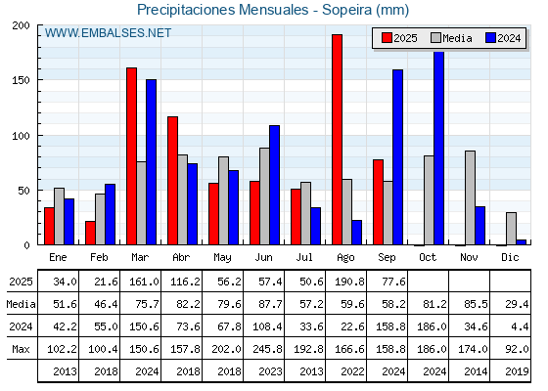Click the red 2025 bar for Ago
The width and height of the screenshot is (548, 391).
pos(337,140)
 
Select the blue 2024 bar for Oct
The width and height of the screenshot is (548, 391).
pos(438,148)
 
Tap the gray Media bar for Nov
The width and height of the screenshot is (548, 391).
pos(470,197)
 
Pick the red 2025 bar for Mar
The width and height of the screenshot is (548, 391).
pos(131,156)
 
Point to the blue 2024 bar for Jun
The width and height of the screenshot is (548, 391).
pos(274,185)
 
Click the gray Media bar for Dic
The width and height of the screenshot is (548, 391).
pos(511,229)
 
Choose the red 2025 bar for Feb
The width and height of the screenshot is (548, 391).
pos(90,233)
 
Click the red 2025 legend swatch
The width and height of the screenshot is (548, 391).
pos(387,38)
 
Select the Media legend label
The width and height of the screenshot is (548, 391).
pos(457,38)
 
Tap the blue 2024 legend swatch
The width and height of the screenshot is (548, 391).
pos(490,38)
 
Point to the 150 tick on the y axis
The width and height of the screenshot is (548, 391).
pos(21,80)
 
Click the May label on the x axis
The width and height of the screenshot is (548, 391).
pos(222,258)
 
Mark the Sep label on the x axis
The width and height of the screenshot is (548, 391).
pos(387,258)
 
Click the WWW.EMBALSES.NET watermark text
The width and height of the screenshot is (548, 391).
pos(108,33)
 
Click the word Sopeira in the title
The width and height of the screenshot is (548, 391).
pos(346,10)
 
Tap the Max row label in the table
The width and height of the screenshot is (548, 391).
pos(21,349)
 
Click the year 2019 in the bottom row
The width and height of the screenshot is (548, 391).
pos(517,371)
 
